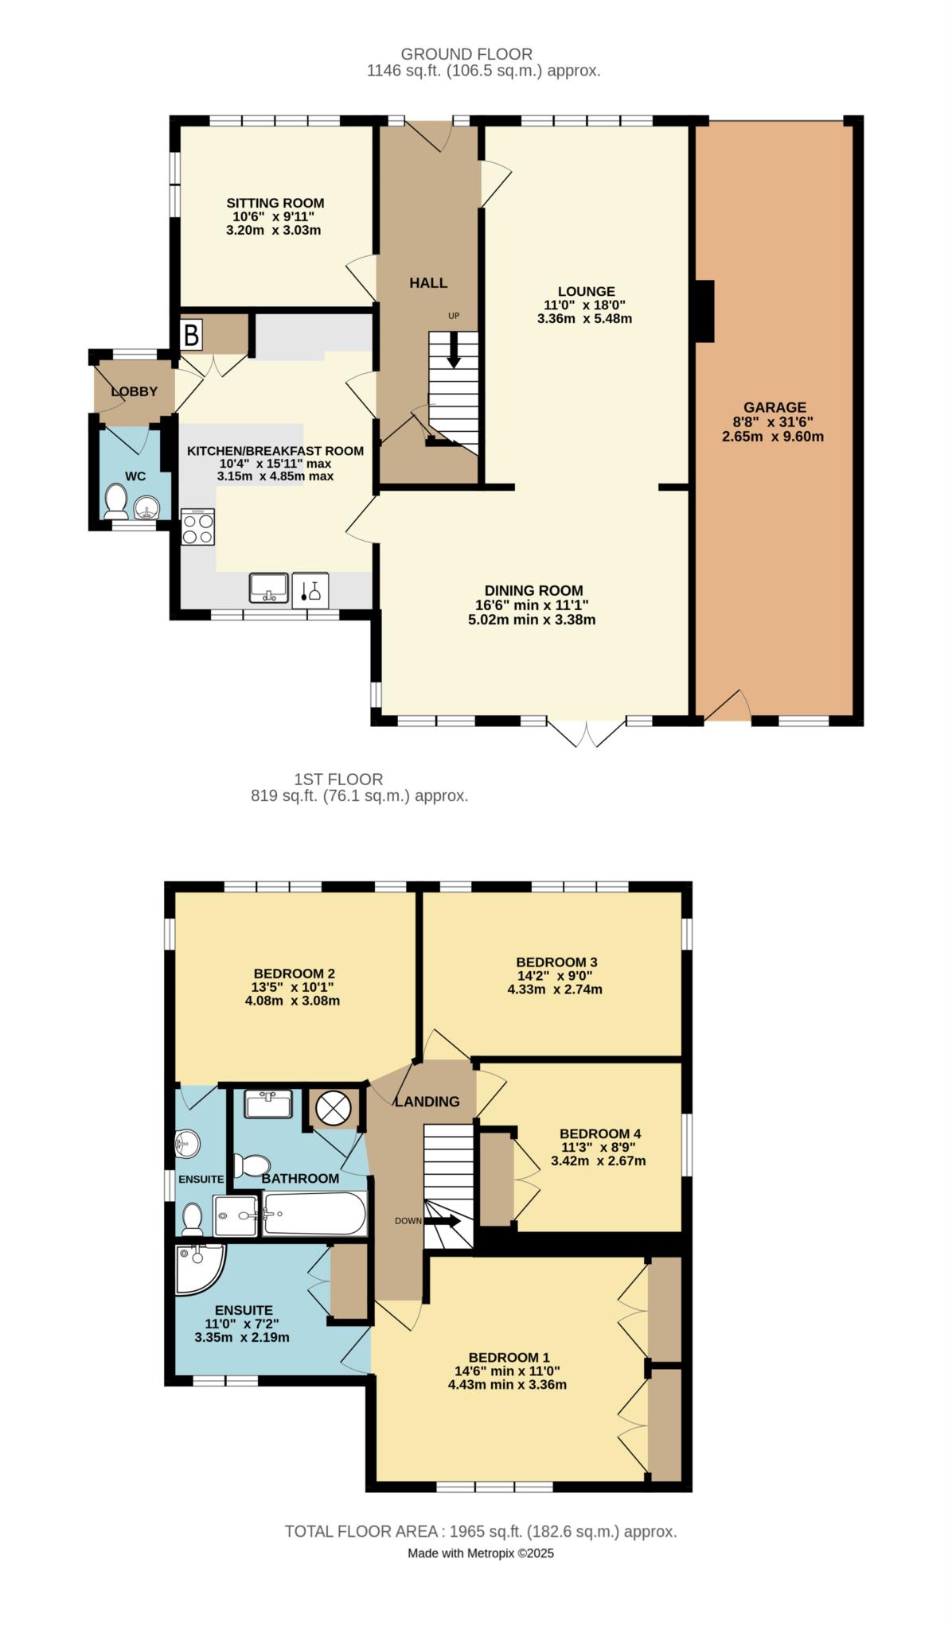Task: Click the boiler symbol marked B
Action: [191, 334]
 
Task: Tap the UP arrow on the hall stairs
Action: [454, 350]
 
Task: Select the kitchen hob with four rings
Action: [198, 527]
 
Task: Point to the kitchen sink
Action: [268, 589]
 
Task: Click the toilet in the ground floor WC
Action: [116, 501]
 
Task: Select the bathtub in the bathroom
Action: [314, 1214]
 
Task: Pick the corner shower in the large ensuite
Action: [199, 1269]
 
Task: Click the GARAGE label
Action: [774, 407]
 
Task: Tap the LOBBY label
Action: [134, 391]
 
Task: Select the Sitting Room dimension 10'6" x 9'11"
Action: [275, 216]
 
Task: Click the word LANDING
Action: [427, 1102]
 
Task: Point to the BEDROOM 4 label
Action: [600, 1133]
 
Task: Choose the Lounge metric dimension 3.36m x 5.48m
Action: [585, 319]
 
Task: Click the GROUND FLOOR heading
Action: [466, 54]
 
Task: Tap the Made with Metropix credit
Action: [481, 1553]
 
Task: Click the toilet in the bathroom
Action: [252, 1166]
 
